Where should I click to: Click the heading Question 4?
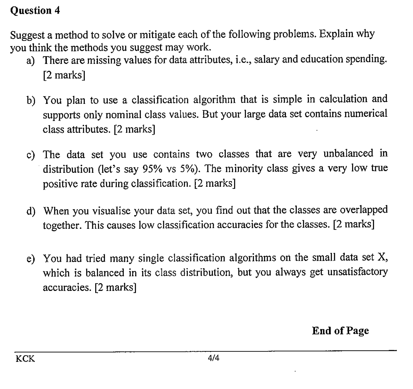pos(35,10)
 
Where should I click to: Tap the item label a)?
pos(30,61)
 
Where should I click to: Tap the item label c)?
pos(30,155)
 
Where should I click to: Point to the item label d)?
pos(31,211)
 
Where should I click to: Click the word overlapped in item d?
pos(363,210)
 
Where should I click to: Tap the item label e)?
pos(30,259)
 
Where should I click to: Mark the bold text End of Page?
pos(340,331)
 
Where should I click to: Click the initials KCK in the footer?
pos(25,359)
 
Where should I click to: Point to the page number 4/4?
pos(214,358)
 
